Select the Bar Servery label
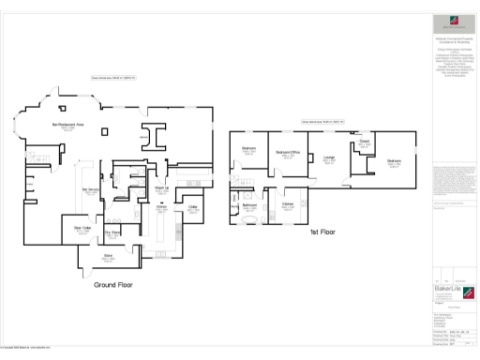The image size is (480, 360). click(x=91, y=191)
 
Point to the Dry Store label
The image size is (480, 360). click(x=111, y=232)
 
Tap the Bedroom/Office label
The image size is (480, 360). click(x=287, y=152)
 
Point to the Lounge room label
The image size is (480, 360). click(x=329, y=157)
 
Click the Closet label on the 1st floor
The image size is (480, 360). click(x=364, y=142)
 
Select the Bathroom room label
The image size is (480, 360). click(x=250, y=204)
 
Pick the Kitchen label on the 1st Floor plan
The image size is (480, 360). click(x=288, y=203)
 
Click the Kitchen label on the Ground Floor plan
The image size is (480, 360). click(x=160, y=207)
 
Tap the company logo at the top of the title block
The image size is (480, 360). click(x=454, y=26)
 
